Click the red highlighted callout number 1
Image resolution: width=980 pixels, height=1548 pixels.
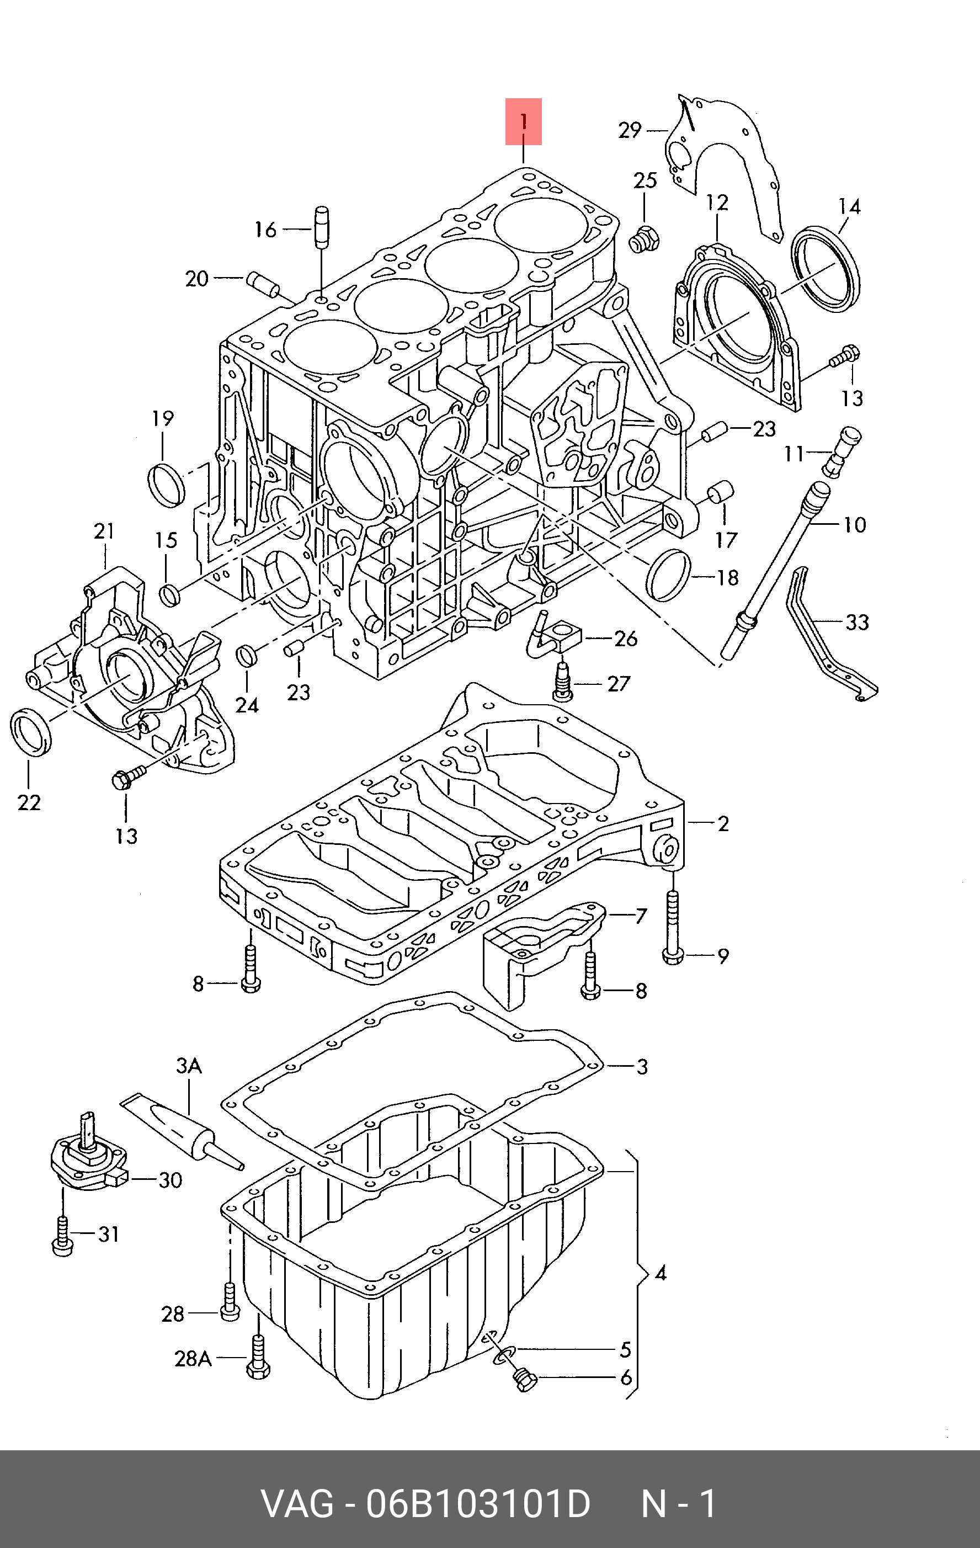(523, 121)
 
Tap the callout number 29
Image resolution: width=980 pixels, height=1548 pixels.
(630, 130)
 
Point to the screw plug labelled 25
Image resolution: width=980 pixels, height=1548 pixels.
(643, 239)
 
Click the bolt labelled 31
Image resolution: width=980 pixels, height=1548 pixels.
(62, 1237)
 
